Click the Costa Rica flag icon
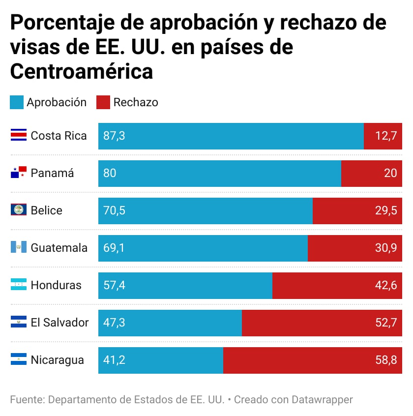click(x=18, y=136)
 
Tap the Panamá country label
click(x=52, y=173)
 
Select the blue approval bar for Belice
click(x=205, y=210)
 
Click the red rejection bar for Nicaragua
click(x=313, y=360)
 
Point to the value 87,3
click(x=114, y=136)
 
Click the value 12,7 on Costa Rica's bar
click(x=386, y=136)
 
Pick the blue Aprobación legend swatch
click(x=17, y=102)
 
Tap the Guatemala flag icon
click(x=18, y=248)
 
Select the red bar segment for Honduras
click(x=337, y=285)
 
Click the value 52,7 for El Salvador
click(x=386, y=323)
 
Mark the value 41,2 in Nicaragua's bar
click(x=114, y=360)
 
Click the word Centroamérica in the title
click(x=82, y=71)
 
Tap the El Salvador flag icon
click(x=18, y=323)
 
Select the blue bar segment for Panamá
click(x=219, y=173)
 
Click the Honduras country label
click(x=56, y=285)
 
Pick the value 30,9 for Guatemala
click(x=386, y=248)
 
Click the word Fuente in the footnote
click(x=26, y=399)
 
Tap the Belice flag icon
click(x=18, y=210)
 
